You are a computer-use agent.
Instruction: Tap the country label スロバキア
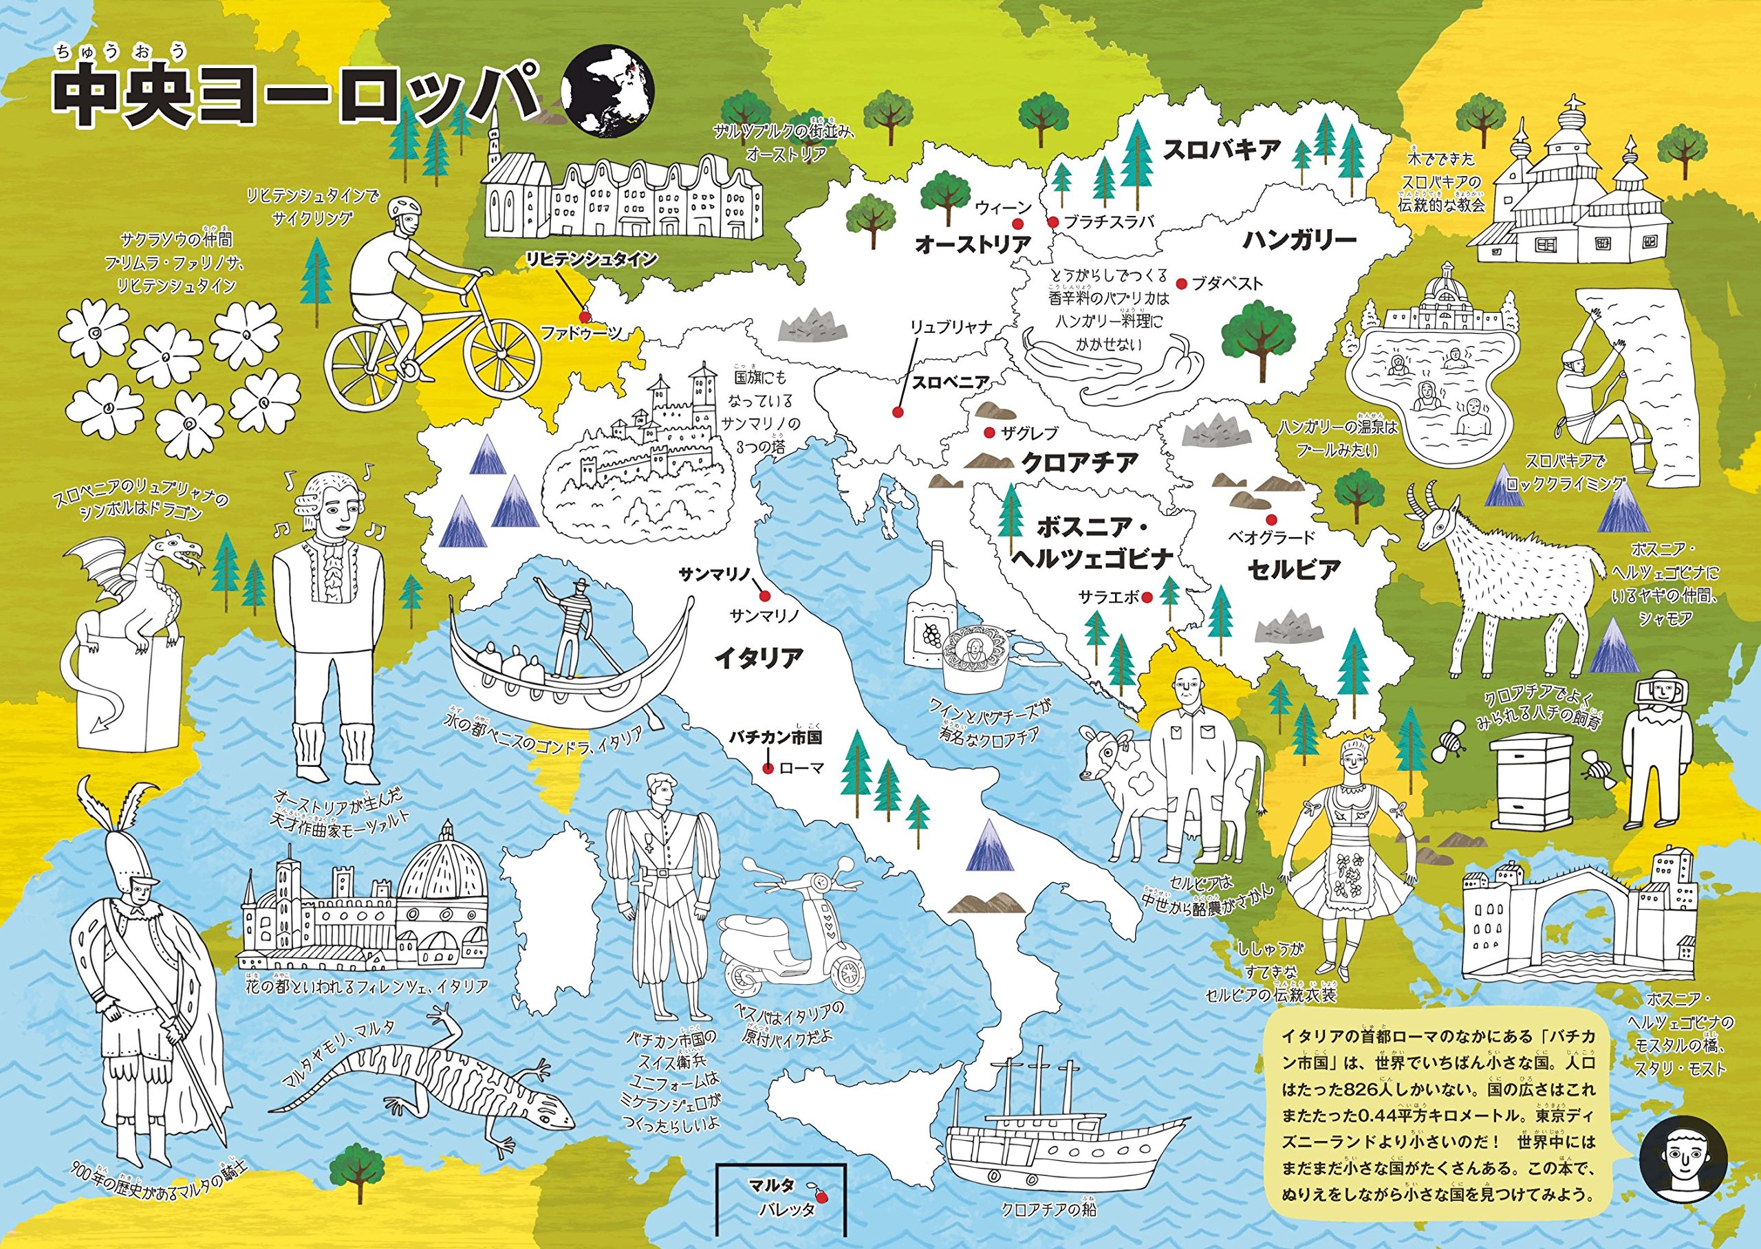point(1220,149)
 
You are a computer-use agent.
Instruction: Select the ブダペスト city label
point(1227,283)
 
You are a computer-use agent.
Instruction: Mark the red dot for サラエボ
point(1146,596)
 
